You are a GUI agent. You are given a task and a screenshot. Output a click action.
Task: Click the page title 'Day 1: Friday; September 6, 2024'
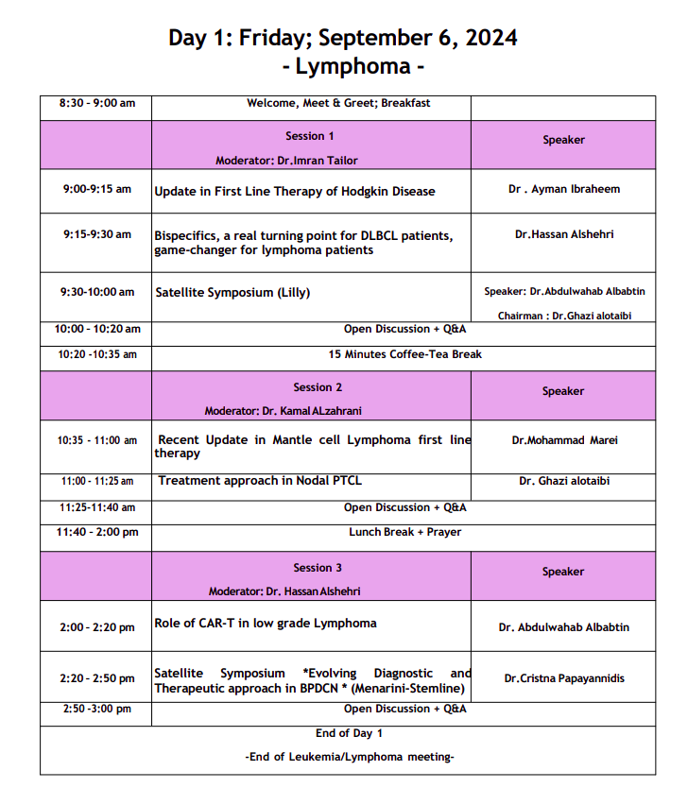tap(343, 39)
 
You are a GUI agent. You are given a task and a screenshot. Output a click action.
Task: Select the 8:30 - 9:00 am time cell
tap(96, 103)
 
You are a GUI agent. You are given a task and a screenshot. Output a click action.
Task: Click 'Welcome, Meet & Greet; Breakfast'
tap(338, 103)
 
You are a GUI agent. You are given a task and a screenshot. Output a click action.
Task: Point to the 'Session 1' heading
tap(310, 136)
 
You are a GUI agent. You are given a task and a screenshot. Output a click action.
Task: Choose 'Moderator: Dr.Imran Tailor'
tap(286, 161)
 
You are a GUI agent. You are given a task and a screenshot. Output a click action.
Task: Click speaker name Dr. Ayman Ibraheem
tap(564, 189)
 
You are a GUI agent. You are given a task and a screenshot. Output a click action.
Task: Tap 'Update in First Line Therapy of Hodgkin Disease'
tap(295, 191)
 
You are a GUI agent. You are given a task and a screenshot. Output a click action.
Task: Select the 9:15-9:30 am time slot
tap(97, 234)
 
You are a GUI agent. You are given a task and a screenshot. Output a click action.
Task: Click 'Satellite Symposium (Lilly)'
tap(232, 293)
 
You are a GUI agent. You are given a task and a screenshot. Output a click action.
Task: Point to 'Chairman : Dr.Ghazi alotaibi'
tap(564, 316)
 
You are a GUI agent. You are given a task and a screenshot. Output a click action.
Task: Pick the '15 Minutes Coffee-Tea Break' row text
tap(405, 354)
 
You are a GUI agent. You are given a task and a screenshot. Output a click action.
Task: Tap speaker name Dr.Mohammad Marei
tap(563, 440)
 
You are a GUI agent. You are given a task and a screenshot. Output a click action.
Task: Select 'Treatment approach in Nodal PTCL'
tap(260, 481)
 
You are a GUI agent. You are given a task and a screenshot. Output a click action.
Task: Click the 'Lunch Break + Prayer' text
tap(405, 532)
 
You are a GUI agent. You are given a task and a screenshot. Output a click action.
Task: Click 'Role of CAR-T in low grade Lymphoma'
tap(266, 624)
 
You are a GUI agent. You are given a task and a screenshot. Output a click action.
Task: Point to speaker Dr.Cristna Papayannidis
tap(564, 678)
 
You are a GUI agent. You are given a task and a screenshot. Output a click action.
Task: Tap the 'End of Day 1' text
tap(349, 733)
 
